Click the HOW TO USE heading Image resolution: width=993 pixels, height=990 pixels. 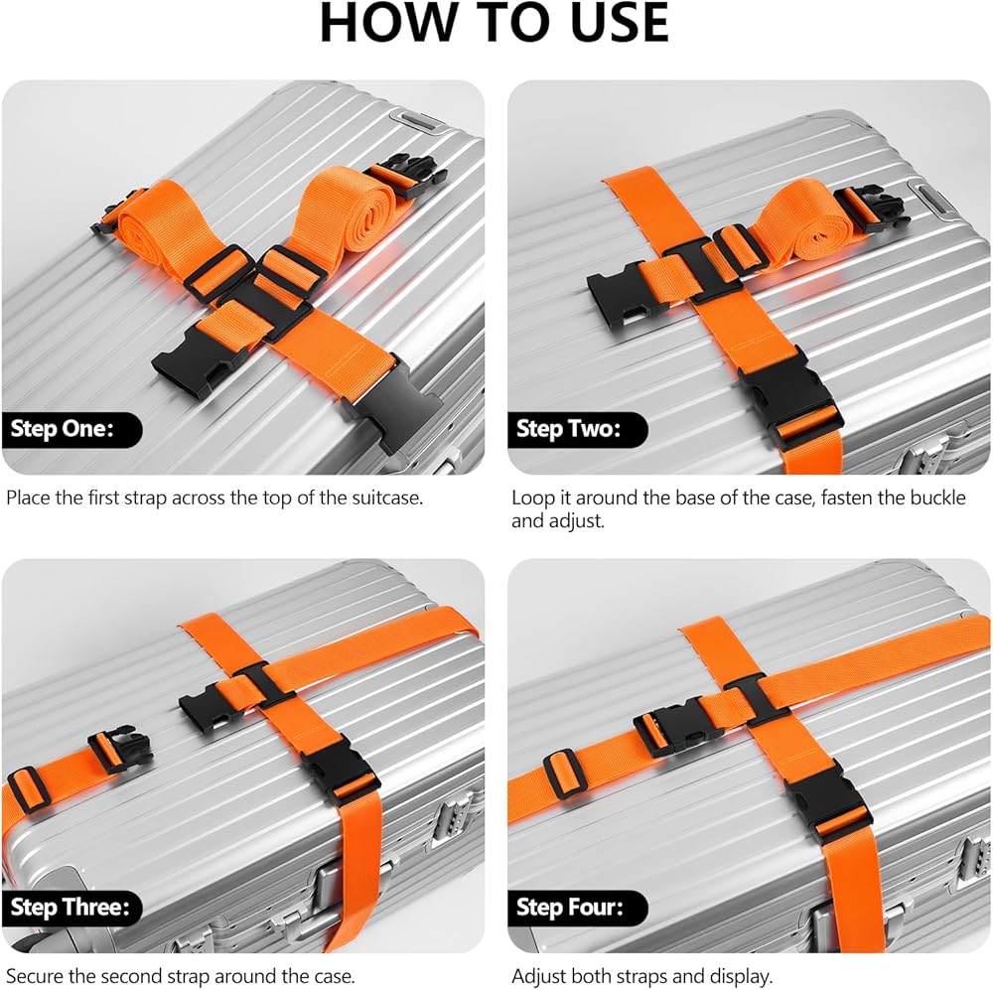pos(495,24)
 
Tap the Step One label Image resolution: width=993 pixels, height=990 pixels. pos(62,429)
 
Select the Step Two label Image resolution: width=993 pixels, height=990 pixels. pos(568,429)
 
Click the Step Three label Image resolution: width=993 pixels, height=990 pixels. pos(70,907)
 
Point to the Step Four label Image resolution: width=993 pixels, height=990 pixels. pos(570,907)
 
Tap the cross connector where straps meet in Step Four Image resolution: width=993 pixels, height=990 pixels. pos(758,699)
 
